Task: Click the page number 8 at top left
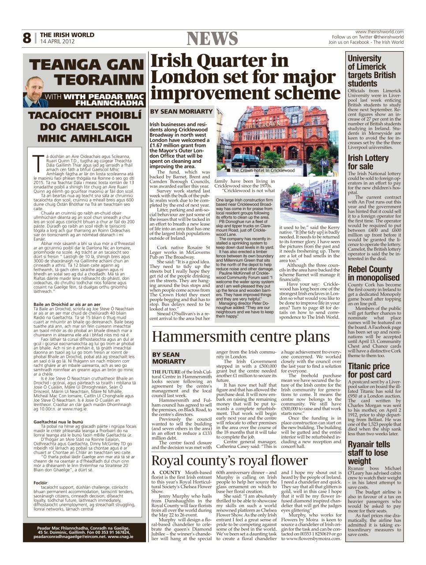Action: [27, 38]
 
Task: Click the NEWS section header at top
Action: [213, 39]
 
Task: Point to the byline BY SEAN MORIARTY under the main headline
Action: [181, 112]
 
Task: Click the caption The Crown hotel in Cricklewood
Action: [263, 170]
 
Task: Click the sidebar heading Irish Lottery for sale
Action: [368, 162]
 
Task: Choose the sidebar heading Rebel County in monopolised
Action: [373, 273]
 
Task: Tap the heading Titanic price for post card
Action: [369, 370]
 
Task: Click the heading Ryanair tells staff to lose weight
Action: [369, 452]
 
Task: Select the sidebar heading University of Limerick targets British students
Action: [371, 71]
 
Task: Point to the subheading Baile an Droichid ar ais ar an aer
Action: [67, 304]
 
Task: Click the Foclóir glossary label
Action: [41, 482]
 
